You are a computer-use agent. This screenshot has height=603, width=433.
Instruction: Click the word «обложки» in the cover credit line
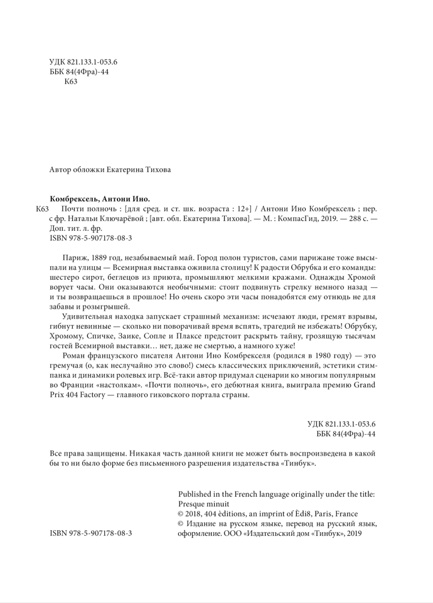pos(94,169)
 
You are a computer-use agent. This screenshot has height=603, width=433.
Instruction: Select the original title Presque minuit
pos(204,503)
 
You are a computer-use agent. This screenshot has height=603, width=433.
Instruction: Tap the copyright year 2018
pos(196,513)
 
